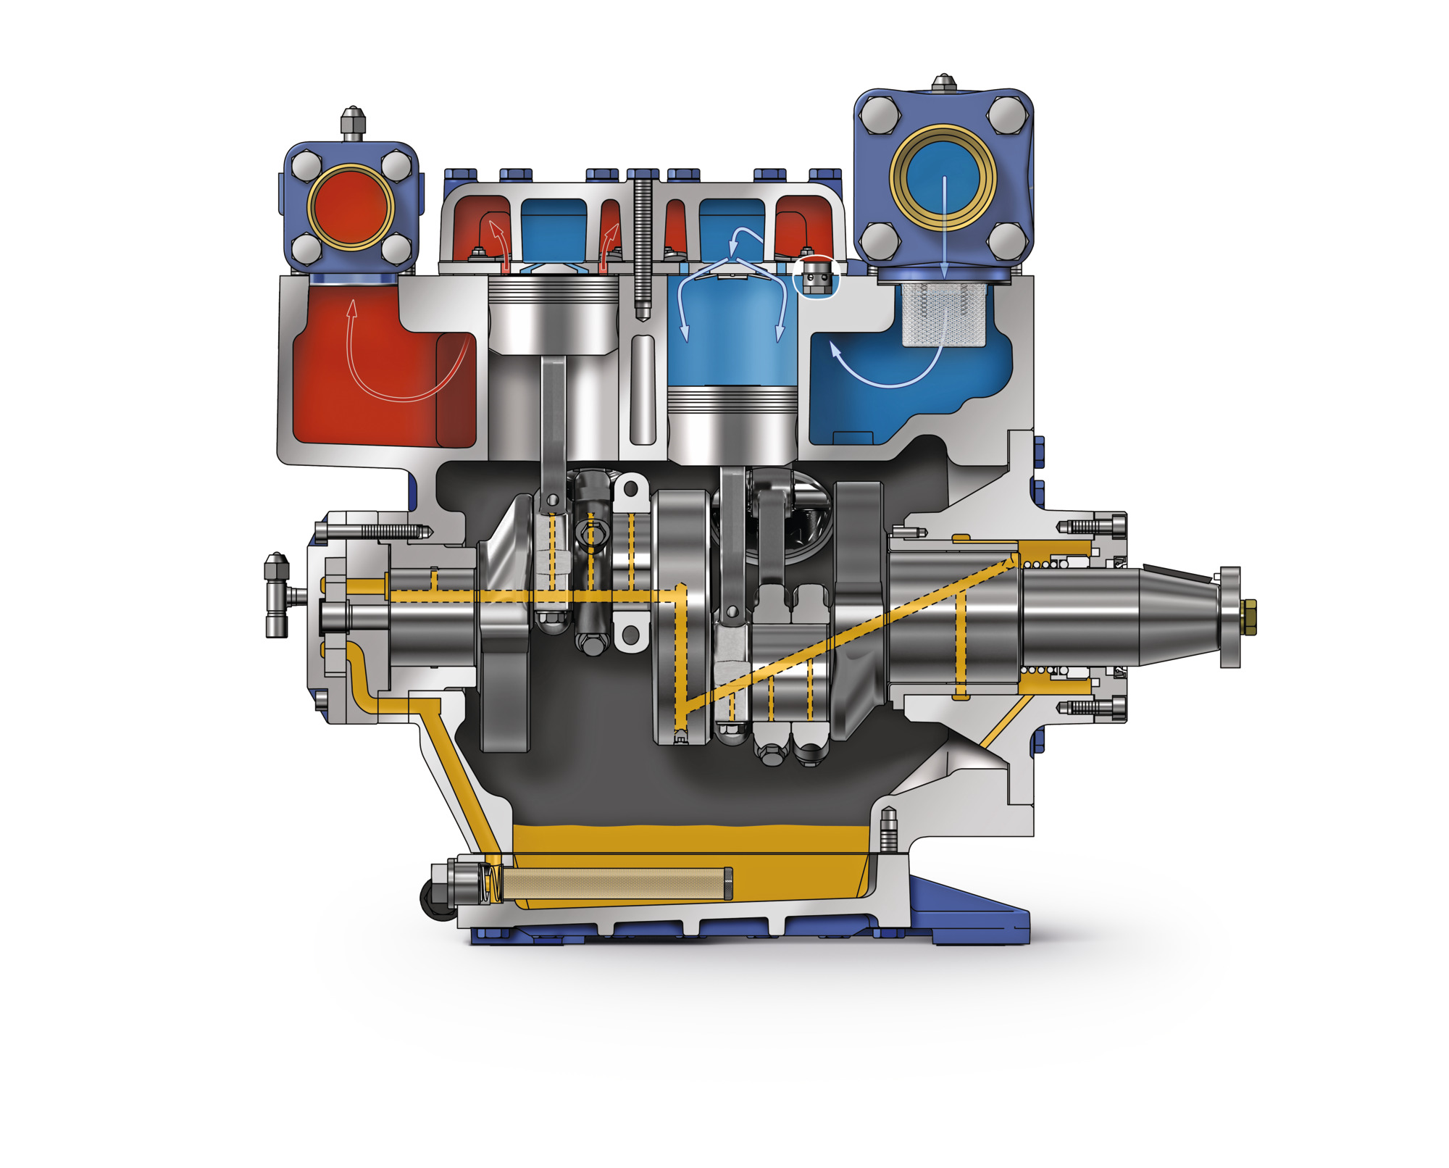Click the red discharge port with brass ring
351,207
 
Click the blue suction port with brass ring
943,178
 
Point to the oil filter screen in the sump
616,884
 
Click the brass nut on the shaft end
1250,617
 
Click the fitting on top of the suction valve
943,83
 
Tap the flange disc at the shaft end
1229,617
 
